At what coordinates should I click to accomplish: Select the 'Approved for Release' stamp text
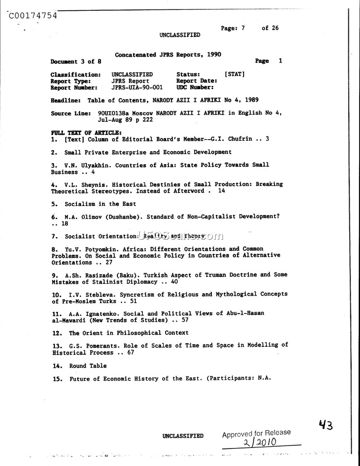[x=256, y=433]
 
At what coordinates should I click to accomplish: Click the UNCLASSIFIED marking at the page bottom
[x=183, y=436]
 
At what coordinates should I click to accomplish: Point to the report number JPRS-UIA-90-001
[x=137, y=88]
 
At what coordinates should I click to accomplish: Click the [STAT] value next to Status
[x=234, y=74]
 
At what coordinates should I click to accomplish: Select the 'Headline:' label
[x=66, y=100]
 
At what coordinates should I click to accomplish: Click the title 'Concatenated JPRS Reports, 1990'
[x=168, y=54]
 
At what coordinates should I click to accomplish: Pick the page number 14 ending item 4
[x=221, y=191]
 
